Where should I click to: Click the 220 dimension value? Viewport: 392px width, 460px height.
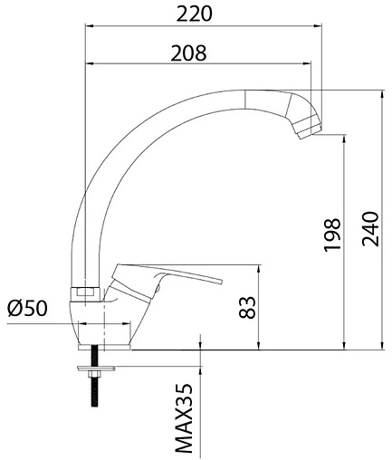(x=194, y=14)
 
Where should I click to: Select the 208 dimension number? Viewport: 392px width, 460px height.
(x=188, y=53)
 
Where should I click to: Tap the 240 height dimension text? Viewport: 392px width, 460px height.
(x=370, y=229)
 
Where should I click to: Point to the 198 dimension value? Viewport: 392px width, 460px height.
(x=332, y=235)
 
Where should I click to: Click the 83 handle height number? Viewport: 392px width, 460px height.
(x=247, y=307)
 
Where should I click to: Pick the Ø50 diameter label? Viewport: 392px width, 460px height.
(x=28, y=309)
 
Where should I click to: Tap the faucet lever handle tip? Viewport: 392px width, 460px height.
(x=222, y=281)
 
